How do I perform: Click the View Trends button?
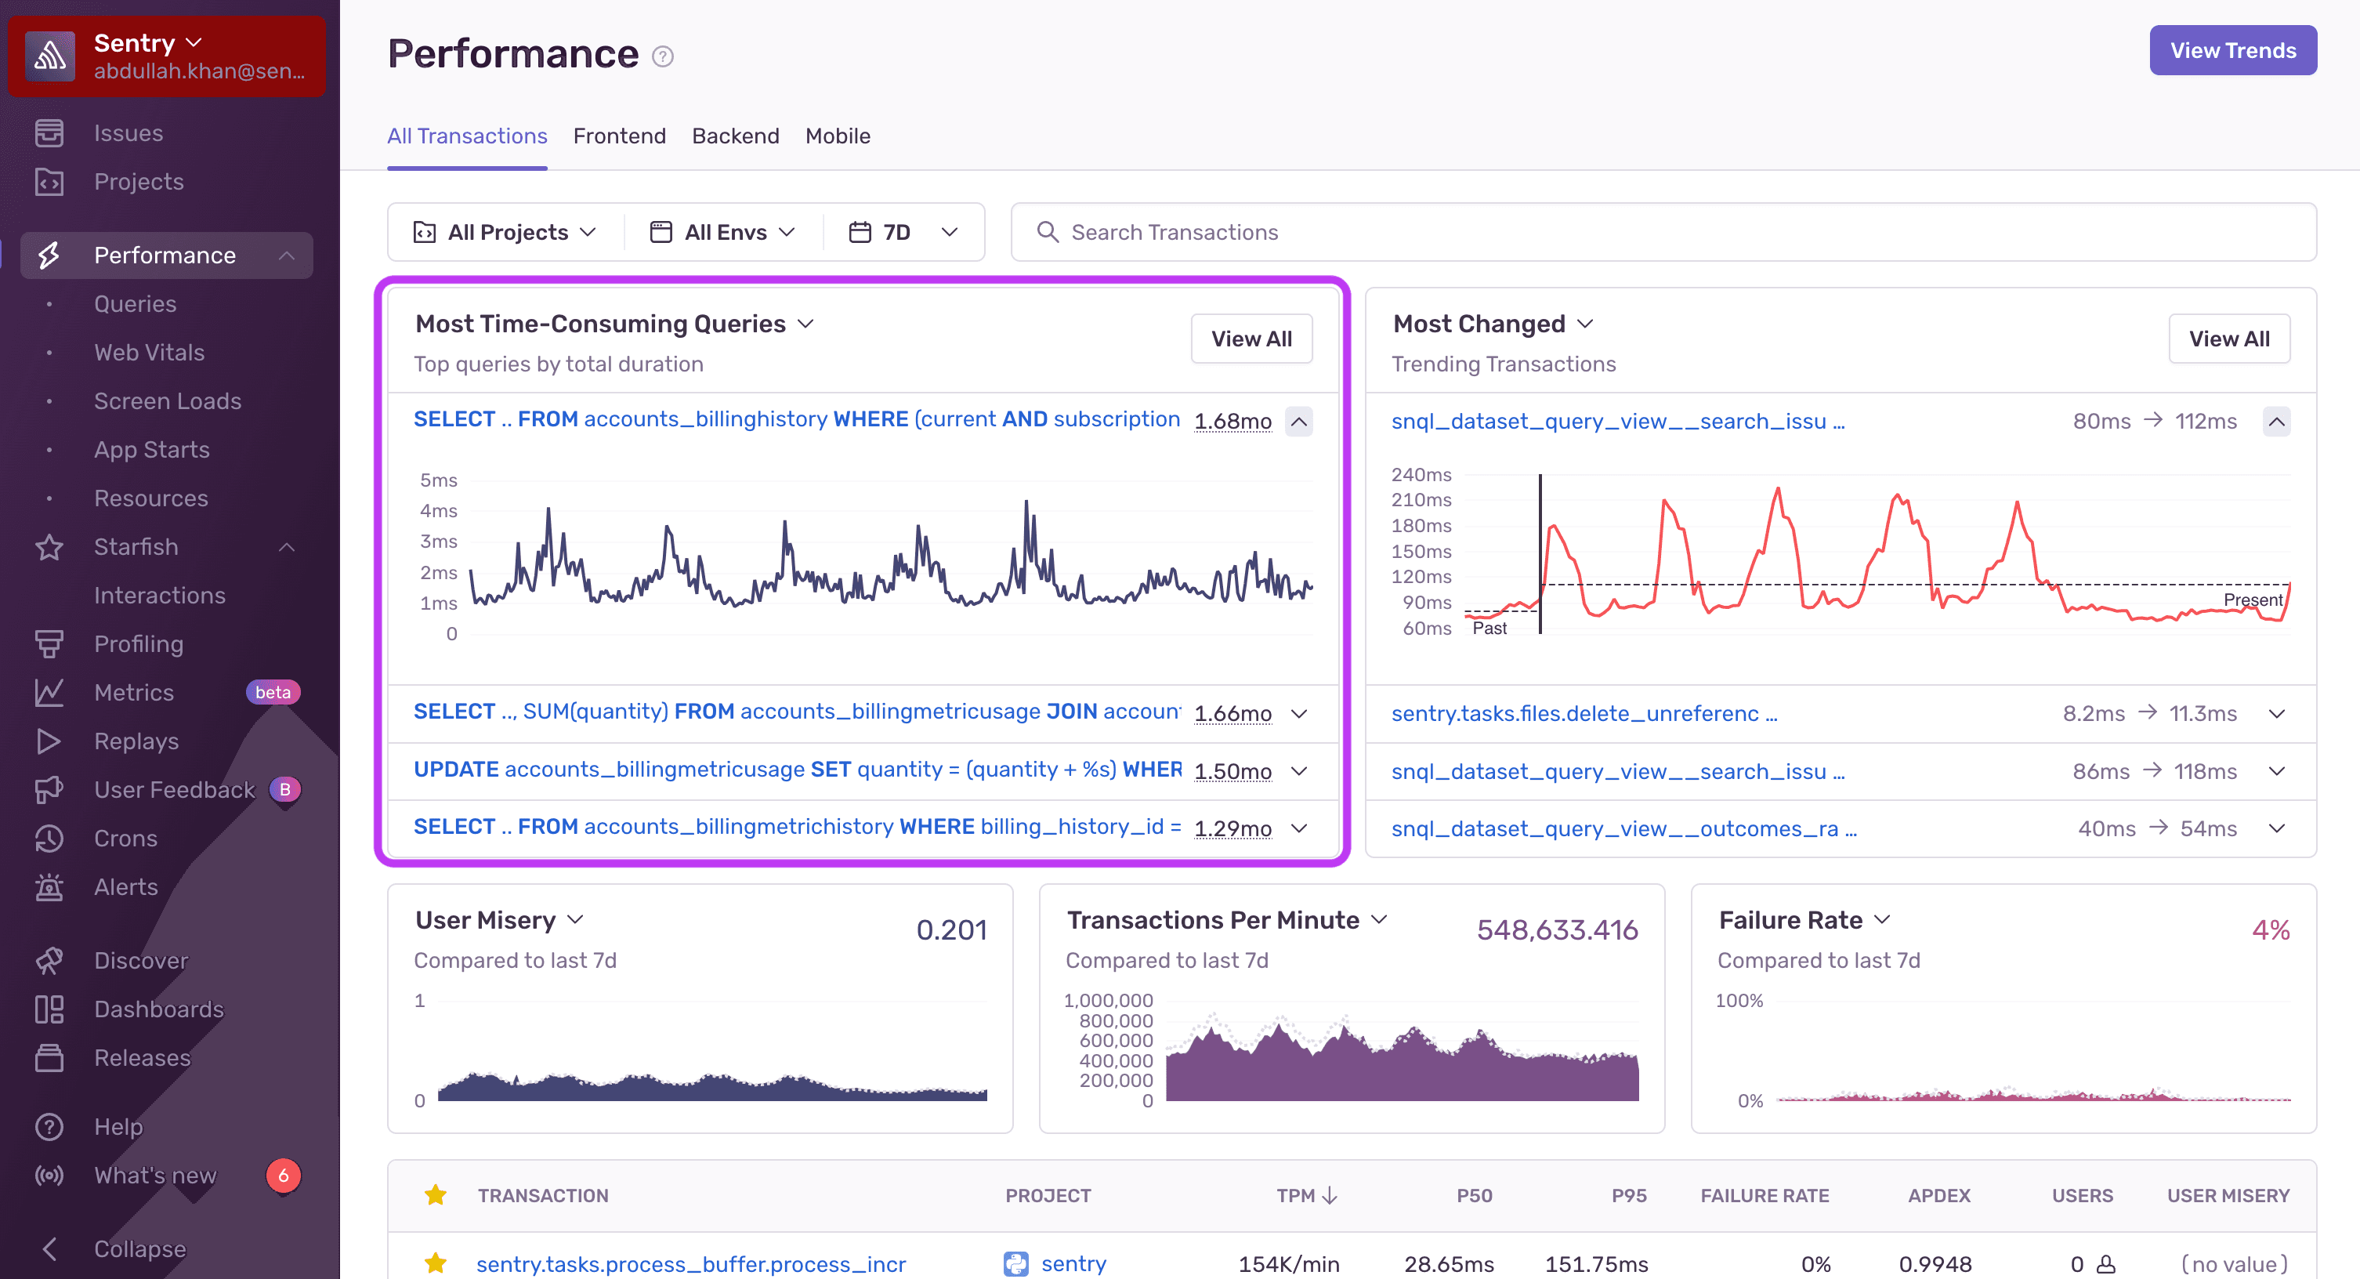coord(2232,50)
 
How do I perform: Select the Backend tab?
coord(735,136)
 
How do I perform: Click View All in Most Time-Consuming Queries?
coord(1251,339)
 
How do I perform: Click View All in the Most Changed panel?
coord(2228,339)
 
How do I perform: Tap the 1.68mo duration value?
coord(1232,421)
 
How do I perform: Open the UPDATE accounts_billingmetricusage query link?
coord(797,770)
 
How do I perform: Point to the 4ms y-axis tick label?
coord(438,510)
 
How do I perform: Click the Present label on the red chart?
coord(2252,600)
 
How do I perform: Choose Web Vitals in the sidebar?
coord(150,352)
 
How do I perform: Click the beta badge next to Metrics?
coord(272,692)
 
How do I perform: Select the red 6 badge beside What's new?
coord(283,1175)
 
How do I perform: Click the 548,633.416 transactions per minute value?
coord(1557,930)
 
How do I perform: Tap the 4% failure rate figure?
coord(2270,930)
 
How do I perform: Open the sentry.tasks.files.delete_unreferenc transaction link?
coord(1583,713)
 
